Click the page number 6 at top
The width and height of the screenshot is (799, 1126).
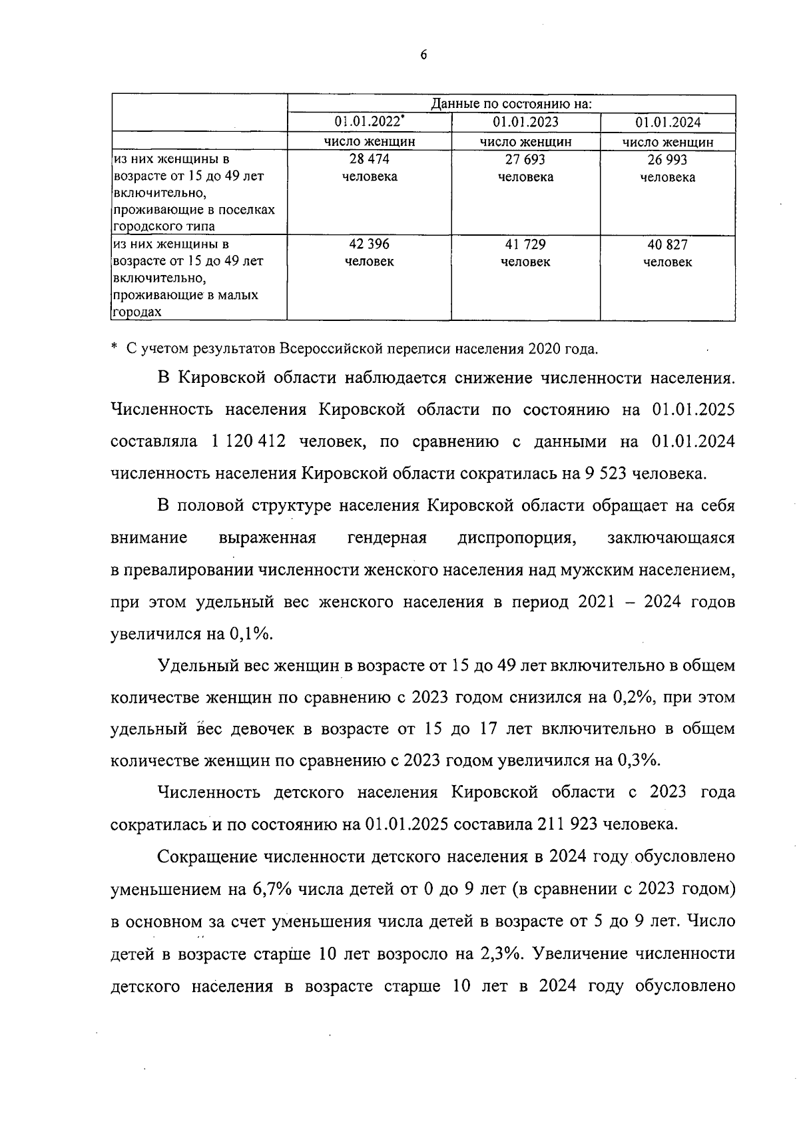pyautogui.click(x=423, y=55)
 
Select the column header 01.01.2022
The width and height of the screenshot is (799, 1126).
pyautogui.click(x=369, y=123)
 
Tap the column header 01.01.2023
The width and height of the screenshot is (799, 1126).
pyautogui.click(x=525, y=123)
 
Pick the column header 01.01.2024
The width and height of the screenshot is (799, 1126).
pyautogui.click(x=667, y=123)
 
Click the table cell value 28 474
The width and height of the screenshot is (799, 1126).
pyautogui.click(x=369, y=160)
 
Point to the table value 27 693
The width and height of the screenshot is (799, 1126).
pyautogui.click(x=525, y=160)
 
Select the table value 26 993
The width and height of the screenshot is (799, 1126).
pyautogui.click(x=667, y=160)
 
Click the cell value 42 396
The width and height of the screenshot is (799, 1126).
pyautogui.click(x=369, y=244)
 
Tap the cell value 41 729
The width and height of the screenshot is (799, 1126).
pyautogui.click(x=525, y=244)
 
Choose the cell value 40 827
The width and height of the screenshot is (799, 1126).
pyautogui.click(x=667, y=244)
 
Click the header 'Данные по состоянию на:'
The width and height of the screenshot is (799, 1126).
pyautogui.click(x=511, y=105)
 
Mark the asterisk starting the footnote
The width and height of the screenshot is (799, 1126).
pyautogui.click(x=115, y=347)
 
